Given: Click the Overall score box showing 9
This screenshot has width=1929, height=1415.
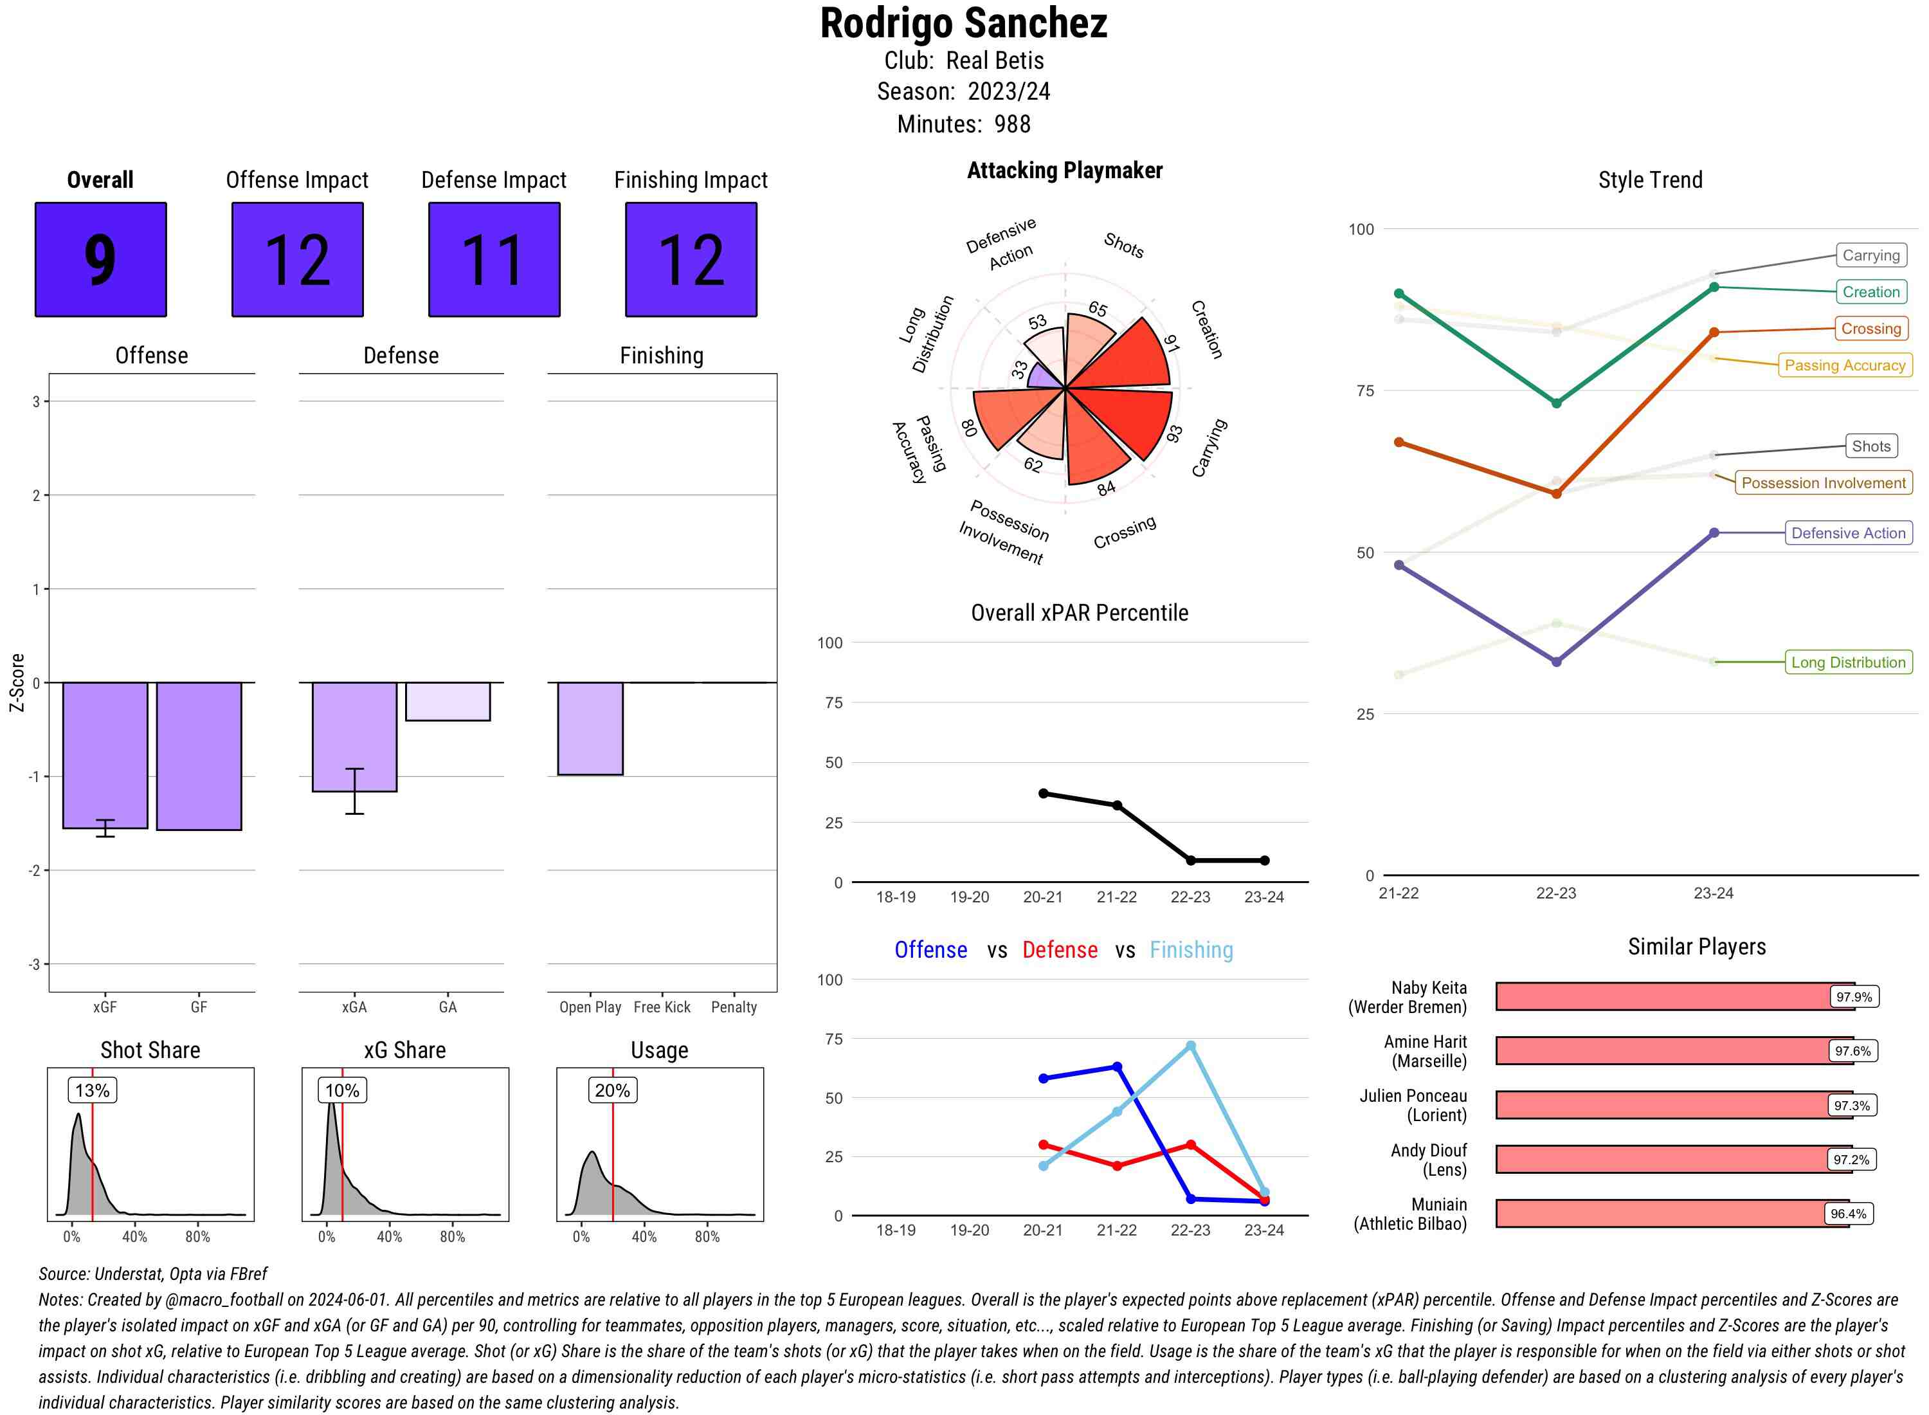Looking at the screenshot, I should pyautogui.click(x=100, y=260).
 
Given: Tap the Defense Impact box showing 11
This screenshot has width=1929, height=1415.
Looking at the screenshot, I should pyautogui.click(x=494, y=260).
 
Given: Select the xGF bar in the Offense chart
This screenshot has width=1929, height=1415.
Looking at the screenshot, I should pyautogui.click(x=105, y=754).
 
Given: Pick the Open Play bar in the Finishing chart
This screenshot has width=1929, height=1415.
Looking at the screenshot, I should pyautogui.click(x=590, y=728).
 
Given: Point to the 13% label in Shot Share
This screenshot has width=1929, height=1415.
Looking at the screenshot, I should pyautogui.click(x=93, y=1090).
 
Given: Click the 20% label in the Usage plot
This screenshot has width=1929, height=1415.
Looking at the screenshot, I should pyautogui.click(x=612, y=1090).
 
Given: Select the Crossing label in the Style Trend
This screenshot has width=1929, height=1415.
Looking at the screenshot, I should pyautogui.click(x=1870, y=329).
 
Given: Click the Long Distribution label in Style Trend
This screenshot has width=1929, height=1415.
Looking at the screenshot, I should pyautogui.click(x=1848, y=662).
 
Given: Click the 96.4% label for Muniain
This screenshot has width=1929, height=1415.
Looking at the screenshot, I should pyautogui.click(x=1848, y=1214).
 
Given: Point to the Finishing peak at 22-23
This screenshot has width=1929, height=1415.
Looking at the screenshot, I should pyautogui.click(x=1190, y=1046).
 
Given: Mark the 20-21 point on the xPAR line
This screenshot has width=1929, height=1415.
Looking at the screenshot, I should pyautogui.click(x=1043, y=793).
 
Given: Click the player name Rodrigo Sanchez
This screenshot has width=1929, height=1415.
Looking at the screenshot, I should pyautogui.click(x=963, y=24).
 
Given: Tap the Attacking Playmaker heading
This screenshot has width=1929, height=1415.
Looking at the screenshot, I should pyautogui.click(x=1064, y=170).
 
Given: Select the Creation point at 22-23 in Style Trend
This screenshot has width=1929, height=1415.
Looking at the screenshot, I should pyautogui.click(x=1555, y=403).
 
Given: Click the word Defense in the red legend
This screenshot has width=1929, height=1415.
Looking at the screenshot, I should pyautogui.click(x=1059, y=950).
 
